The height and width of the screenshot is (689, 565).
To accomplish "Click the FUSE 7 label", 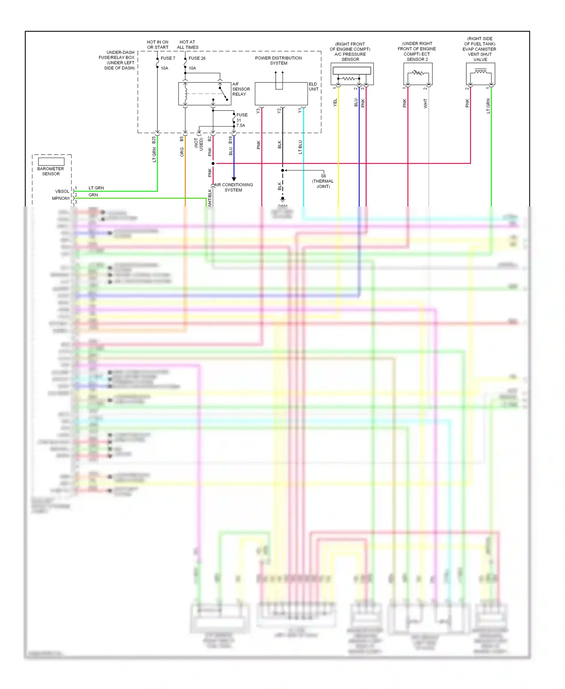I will click(168, 58).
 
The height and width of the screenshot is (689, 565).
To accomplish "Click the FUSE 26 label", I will click(197, 58).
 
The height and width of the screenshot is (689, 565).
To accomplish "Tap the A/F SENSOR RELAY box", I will click(204, 93).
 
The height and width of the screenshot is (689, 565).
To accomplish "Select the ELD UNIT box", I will click(281, 94).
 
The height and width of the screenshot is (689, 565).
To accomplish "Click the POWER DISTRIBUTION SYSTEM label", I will click(278, 60).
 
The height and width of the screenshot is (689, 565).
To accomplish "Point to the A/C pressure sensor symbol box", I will click(352, 74).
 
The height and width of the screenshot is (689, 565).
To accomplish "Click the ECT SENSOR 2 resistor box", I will click(418, 73).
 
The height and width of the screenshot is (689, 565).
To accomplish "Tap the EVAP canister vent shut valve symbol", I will click(480, 73).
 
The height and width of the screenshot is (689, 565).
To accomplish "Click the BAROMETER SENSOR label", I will click(51, 171).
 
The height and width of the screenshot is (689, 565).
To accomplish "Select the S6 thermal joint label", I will click(323, 181).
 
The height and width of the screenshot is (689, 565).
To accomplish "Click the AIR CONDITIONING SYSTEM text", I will click(234, 187).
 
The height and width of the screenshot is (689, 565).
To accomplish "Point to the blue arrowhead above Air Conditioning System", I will click(234, 179).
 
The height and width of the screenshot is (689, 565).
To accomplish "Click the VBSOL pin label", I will click(62, 191).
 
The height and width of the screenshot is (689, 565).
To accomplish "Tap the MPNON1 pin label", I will click(61, 198).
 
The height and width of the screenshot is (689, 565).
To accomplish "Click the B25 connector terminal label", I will click(154, 140).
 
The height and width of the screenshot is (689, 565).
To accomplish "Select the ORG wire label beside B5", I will click(182, 152).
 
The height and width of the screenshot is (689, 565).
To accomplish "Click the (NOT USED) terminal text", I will click(199, 143).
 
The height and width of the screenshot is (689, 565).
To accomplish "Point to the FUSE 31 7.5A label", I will click(241, 120).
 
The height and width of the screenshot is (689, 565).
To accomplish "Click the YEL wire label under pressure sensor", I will click(335, 103).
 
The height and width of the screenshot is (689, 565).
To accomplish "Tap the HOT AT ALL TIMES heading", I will click(188, 44).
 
